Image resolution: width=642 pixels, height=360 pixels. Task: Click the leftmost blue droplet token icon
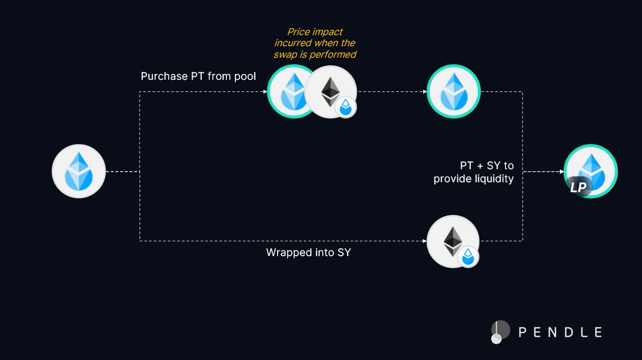(x=78, y=172)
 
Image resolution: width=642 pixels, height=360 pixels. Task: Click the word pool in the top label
(x=243, y=76)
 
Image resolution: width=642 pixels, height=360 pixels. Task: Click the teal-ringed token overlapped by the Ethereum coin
(x=289, y=91)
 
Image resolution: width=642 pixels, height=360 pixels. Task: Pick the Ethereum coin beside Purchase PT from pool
(x=330, y=91)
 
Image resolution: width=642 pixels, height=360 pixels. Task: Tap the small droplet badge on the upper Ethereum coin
(x=345, y=108)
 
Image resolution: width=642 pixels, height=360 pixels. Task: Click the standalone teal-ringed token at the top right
(x=454, y=91)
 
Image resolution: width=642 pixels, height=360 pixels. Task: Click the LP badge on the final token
(x=578, y=187)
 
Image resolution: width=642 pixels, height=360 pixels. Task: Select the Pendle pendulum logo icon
(x=499, y=332)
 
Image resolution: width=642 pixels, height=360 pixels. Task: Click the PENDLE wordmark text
(x=561, y=332)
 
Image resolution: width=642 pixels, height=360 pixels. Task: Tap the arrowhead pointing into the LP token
(x=562, y=172)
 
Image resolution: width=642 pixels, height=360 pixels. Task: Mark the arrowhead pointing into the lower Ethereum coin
(x=424, y=241)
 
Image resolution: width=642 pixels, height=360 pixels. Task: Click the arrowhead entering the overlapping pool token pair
(x=265, y=91)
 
